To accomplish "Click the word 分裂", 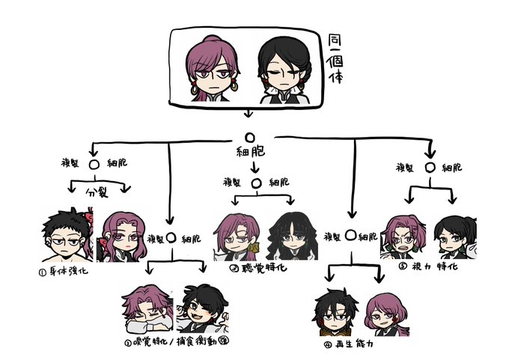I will (x=97, y=191).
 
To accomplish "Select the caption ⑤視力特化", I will (x=427, y=266).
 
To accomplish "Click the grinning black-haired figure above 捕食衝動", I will (x=201, y=309).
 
